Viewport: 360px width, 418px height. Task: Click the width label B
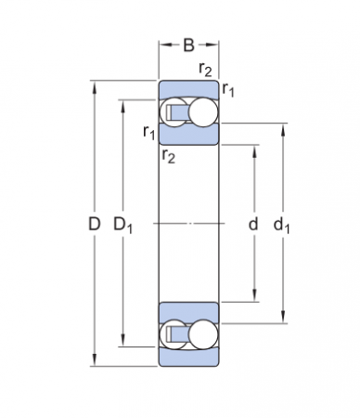[188, 45]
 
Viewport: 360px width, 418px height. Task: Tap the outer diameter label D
[95, 224]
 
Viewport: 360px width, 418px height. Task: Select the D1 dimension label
[123, 225]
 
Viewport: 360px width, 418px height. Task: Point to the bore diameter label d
[253, 224]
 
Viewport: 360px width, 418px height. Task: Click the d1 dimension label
[282, 225]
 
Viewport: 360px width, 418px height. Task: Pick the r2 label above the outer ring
[205, 69]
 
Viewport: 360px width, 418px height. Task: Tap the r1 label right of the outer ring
[228, 90]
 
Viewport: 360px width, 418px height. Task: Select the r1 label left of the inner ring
[149, 132]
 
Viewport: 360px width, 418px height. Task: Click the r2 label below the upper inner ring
[169, 155]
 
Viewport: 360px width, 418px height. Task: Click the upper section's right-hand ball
[203, 112]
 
